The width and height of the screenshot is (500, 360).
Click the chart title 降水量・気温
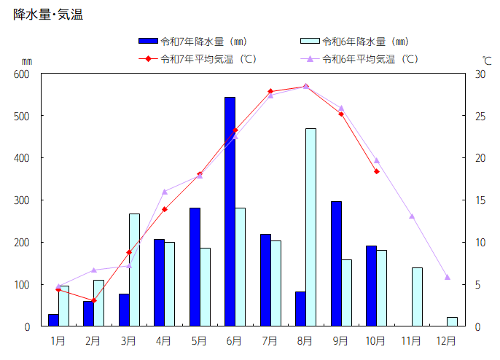click(48, 14)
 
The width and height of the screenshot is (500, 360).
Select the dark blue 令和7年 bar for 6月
click(230, 211)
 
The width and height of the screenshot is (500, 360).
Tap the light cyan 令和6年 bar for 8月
click(310, 227)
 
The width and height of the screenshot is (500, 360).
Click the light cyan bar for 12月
click(452, 321)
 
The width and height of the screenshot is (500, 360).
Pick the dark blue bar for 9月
click(336, 264)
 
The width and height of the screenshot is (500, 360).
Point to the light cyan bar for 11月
click(417, 297)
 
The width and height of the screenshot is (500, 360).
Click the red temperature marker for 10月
click(377, 171)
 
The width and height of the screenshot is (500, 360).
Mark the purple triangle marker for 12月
click(448, 277)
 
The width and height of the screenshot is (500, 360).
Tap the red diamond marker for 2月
click(93, 300)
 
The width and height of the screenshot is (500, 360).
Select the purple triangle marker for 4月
click(165, 192)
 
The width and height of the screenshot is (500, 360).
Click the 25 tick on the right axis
click(480, 116)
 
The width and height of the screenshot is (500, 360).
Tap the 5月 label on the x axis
click(199, 340)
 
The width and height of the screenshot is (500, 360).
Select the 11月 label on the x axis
click(411, 340)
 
